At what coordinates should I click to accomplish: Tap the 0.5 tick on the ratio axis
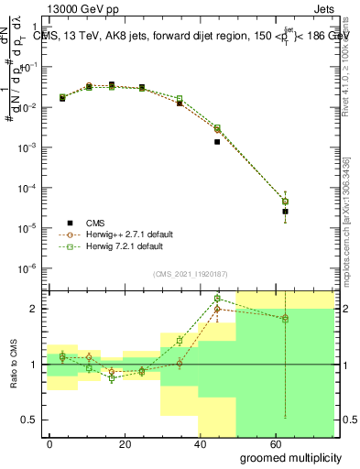[31, 420]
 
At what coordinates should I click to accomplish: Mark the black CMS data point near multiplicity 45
[217, 142]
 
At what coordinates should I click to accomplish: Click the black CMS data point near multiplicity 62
[285, 212]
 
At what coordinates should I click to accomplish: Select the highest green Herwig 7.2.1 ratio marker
[217, 299]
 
